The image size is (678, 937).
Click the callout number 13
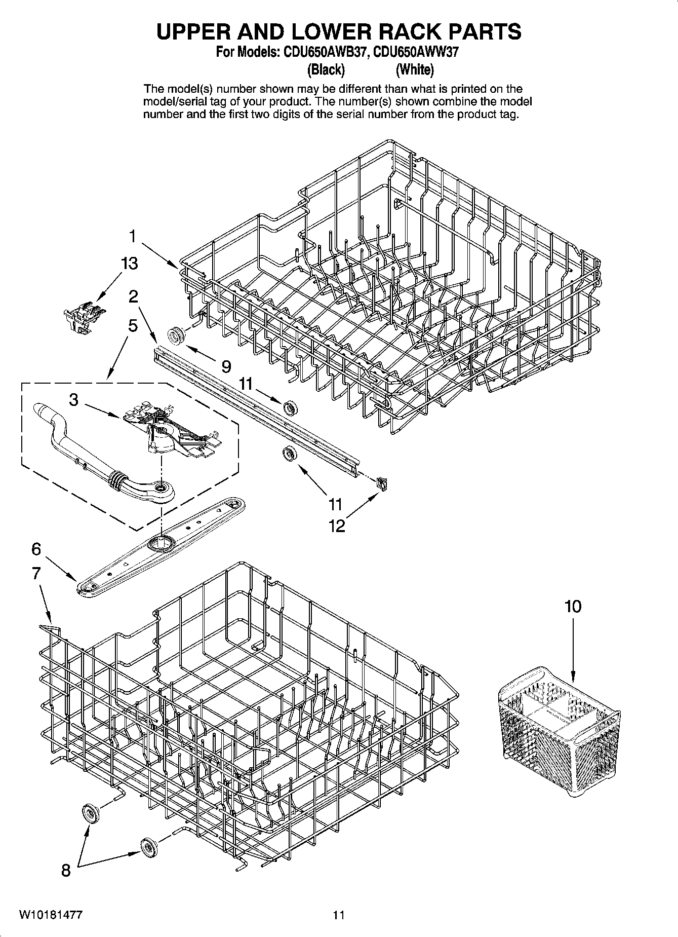pos(129,264)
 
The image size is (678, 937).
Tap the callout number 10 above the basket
pos(573,607)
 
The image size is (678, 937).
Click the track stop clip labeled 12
pos(382,483)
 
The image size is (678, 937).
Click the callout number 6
pos(36,549)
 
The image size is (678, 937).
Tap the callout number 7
pos(36,573)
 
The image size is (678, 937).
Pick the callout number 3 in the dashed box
pos(73,400)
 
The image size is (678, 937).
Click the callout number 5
pos(132,325)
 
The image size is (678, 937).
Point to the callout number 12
pos(336,526)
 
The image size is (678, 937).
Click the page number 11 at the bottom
pos(338,915)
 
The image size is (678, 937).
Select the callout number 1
pos(132,236)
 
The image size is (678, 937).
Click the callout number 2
pos(133,296)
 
